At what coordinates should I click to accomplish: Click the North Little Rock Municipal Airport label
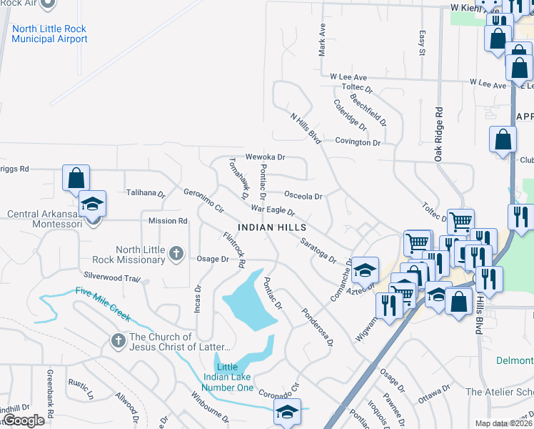49,34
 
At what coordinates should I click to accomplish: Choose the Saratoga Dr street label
318,250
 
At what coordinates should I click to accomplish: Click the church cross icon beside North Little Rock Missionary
176,253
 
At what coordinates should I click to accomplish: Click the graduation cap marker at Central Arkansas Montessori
92,204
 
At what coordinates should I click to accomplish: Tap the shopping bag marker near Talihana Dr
76,179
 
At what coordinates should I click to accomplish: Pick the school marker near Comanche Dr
364,270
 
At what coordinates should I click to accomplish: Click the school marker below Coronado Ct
287,412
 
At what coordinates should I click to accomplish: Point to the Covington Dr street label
358,142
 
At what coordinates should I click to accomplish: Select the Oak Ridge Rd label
439,134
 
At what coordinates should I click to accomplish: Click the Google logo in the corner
23,420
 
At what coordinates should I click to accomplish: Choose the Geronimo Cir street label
204,202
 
